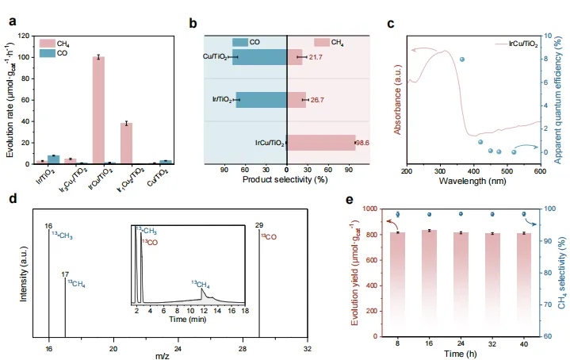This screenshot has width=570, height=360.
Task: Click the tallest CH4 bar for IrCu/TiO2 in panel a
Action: [x=98, y=110]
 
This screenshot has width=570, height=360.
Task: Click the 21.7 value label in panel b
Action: [x=314, y=57]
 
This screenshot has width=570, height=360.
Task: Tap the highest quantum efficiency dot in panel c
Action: [x=462, y=59]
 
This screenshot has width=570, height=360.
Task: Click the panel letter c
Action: [x=391, y=23]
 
